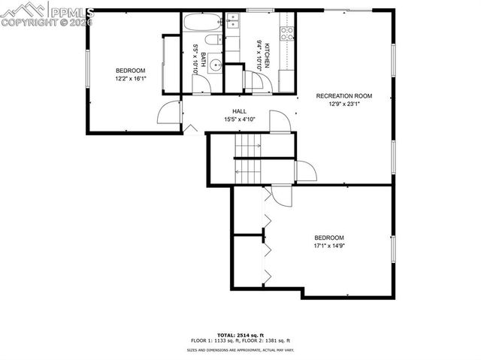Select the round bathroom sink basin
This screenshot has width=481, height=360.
[215, 65]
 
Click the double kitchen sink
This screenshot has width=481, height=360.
[232, 26]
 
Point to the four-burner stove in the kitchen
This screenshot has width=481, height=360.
[286, 32]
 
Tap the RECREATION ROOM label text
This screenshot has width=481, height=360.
[344, 96]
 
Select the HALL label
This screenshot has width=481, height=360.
[240, 111]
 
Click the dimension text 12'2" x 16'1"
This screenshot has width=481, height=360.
[130, 78]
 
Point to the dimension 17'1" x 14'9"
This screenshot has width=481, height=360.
[329, 245]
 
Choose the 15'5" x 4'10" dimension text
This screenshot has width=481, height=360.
[240, 119]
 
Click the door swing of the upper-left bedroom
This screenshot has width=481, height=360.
[167, 113]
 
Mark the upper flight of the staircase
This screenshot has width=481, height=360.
[248, 144]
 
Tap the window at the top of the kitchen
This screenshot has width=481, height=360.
[260, 10]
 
